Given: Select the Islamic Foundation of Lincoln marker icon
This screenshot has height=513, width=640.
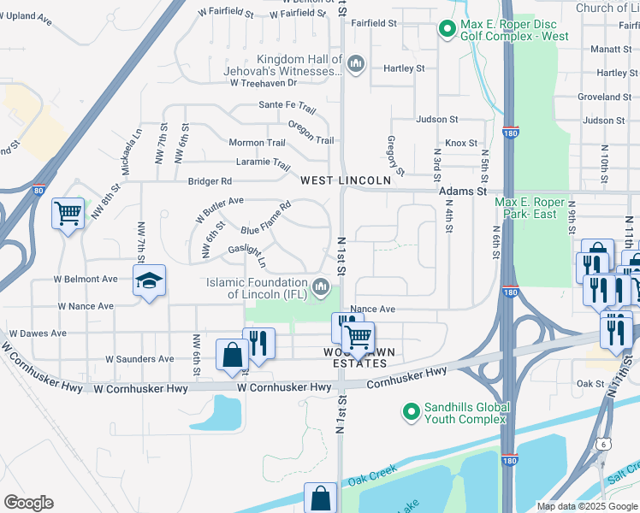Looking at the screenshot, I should point(322,286).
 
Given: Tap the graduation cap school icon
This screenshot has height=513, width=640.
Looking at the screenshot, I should point(150,281).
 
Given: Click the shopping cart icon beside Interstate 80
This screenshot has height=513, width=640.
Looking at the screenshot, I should point(68,214).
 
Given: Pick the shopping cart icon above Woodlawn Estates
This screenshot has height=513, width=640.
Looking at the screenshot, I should point(358,338).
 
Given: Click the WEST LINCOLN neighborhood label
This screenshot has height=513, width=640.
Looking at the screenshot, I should point(346,180).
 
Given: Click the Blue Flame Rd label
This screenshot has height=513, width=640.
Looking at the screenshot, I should point(266,218).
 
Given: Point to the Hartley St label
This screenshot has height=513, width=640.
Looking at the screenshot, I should point(405,68).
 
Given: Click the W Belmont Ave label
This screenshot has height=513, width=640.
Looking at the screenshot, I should point(86,279).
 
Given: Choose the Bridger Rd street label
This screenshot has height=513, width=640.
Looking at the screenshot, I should point(210,181).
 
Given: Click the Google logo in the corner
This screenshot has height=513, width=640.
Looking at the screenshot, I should point(28,503).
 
